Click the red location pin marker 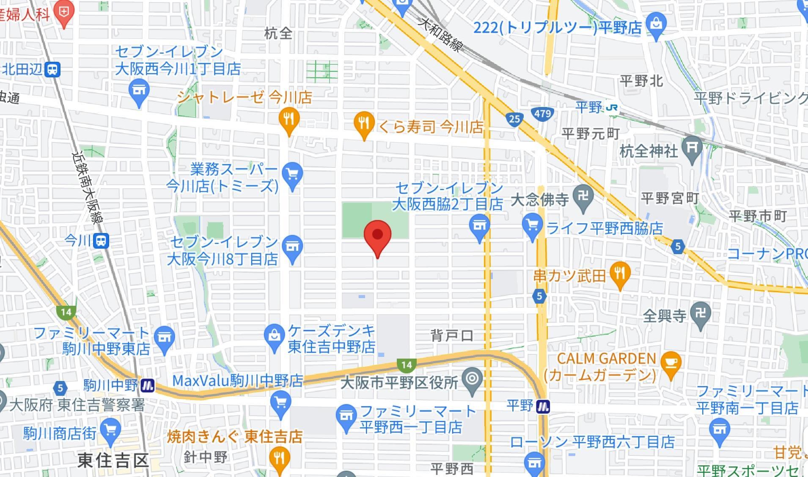[x=377, y=236]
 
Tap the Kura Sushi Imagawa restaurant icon [x=364, y=123]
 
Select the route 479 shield [x=542, y=113]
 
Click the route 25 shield [x=514, y=119]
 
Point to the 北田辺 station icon [x=53, y=69]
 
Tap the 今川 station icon [x=101, y=241]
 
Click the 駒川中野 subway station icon [x=148, y=386]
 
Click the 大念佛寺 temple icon [x=583, y=196]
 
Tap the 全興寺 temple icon [x=700, y=314]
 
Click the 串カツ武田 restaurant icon [x=620, y=273]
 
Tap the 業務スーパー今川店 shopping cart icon [x=292, y=173]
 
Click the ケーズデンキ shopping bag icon [x=274, y=335]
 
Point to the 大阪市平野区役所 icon [x=472, y=379]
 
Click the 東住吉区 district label [x=113, y=460]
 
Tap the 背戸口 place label [x=452, y=336]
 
